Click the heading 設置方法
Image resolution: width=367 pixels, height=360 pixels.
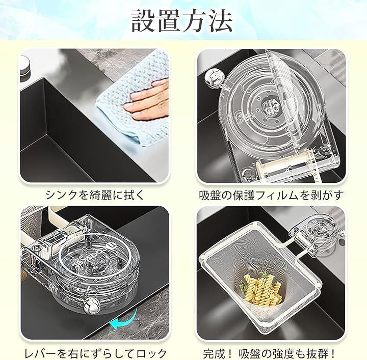pyautogui.click(x=181, y=21)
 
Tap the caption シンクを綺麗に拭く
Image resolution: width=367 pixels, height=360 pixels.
pyautogui.click(x=95, y=195)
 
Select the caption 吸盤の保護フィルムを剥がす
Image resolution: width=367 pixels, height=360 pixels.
pyautogui.click(x=271, y=195)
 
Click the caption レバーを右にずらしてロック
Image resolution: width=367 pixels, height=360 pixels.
pyautogui.click(x=95, y=353)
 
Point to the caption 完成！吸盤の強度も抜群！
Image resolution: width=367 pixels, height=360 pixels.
pyautogui.click(x=270, y=353)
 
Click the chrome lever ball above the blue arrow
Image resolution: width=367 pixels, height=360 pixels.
pyautogui.click(x=91, y=306)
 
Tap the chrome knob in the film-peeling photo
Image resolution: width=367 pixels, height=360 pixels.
pyautogui.click(x=213, y=77)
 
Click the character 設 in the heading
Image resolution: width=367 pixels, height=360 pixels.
pyautogui.click(x=143, y=21)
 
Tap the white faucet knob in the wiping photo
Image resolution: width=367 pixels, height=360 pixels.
pyautogui.click(x=24, y=63)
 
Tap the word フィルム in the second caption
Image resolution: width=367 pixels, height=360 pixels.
pyautogui.click(x=277, y=195)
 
